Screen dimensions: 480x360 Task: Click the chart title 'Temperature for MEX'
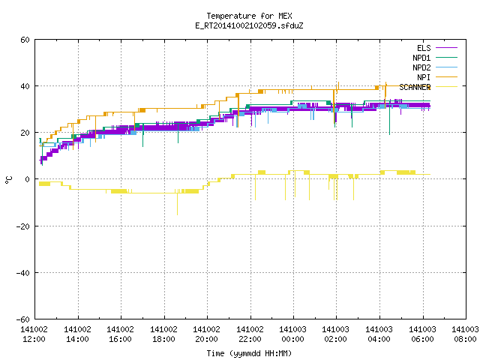pyautogui.click(x=249, y=16)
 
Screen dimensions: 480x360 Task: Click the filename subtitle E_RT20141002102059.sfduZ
pyautogui.click(x=249, y=25)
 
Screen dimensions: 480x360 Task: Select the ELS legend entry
pyautogui.click(x=437, y=48)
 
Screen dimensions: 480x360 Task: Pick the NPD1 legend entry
pyautogui.click(x=435, y=58)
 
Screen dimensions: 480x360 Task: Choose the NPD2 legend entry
pyautogui.click(x=435, y=67)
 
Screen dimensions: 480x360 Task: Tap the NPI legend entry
pyautogui.click(x=437, y=77)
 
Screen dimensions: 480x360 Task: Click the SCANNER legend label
pyautogui.click(x=415, y=87)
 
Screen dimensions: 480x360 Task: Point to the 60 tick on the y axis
pyautogui.click(x=25, y=40)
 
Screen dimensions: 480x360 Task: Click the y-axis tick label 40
pyautogui.click(x=25, y=86)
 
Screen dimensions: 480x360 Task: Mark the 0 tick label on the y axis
pyautogui.click(x=28, y=179)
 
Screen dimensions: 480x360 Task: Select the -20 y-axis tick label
pyautogui.click(x=23, y=226)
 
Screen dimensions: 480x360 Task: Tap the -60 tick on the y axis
pyautogui.click(x=23, y=319)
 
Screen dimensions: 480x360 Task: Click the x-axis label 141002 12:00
pyautogui.click(x=34, y=334)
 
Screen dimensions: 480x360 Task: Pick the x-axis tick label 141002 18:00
pyautogui.click(x=163, y=334)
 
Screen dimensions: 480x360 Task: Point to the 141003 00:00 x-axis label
pyautogui.click(x=292, y=334)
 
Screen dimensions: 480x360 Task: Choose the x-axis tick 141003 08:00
pyautogui.click(x=465, y=334)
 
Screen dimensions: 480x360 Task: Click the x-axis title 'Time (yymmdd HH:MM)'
pyautogui.click(x=249, y=353)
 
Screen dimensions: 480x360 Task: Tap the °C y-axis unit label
pyautogui.click(x=8, y=180)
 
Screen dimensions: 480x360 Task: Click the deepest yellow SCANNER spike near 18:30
pyautogui.click(x=177, y=204)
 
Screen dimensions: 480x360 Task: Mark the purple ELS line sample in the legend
pyautogui.click(x=447, y=48)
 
